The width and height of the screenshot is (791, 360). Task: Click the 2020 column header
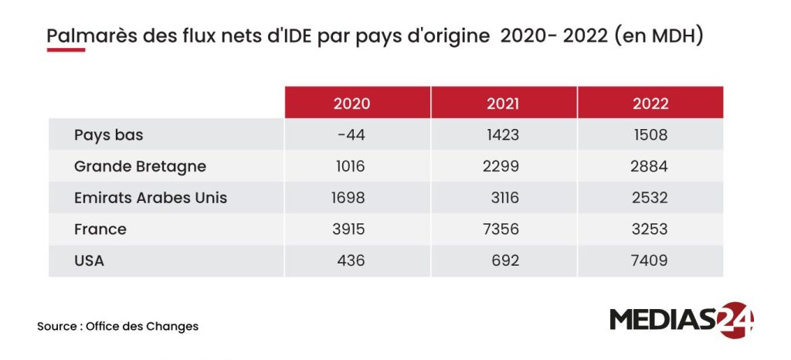coord(351,104)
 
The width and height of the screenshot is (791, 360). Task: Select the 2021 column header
coord(502,104)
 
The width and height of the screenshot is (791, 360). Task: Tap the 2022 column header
coord(650,104)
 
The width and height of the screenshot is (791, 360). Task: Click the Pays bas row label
coord(108,135)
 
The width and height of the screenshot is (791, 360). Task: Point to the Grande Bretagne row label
coord(141,167)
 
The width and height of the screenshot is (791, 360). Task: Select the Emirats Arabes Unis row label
coord(151,198)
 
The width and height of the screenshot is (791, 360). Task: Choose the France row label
coord(100,229)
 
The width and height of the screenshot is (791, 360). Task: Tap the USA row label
coord(90,260)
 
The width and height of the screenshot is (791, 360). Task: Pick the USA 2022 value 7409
coord(649,260)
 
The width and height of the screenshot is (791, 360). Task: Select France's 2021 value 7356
coord(501,229)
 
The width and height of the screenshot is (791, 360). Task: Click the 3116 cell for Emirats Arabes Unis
coord(505,198)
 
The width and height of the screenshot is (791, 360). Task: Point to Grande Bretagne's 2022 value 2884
coord(649,166)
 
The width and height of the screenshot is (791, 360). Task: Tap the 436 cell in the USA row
coord(351,260)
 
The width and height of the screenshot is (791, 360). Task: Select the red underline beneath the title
coord(66,50)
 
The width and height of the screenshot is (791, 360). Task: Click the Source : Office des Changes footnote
coord(117,326)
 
